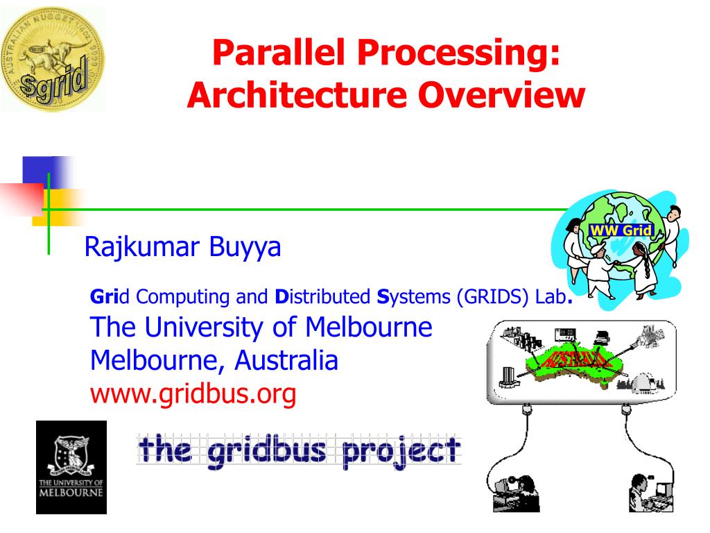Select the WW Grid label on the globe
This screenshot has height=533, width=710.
621,230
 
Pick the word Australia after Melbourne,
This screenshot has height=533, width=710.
286,361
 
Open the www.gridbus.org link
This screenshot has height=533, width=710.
193,394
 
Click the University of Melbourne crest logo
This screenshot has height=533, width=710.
71,466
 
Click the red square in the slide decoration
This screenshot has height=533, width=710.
21,198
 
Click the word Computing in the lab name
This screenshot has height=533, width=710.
184,298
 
